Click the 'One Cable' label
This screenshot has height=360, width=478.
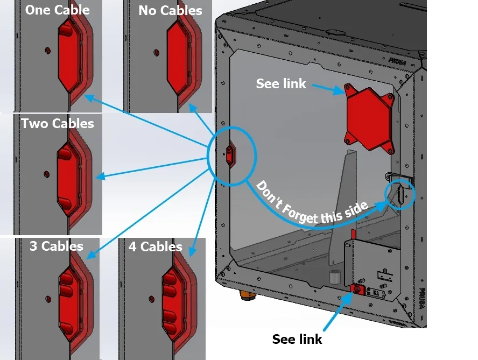click(x=58, y=10)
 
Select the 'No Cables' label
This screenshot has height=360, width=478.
click(x=170, y=10)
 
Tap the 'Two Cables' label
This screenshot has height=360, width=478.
click(x=58, y=124)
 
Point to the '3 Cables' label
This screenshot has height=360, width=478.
click(x=56, y=246)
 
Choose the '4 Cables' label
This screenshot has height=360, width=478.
click(x=155, y=247)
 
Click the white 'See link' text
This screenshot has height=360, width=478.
click(x=281, y=83)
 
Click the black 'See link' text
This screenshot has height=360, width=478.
click(x=297, y=339)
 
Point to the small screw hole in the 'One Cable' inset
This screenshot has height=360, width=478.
click(x=47, y=50)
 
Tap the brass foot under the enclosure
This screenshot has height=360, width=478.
click(x=247, y=295)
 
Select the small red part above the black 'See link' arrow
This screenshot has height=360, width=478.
click(x=356, y=290)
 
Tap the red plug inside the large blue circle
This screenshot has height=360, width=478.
click(x=230, y=156)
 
